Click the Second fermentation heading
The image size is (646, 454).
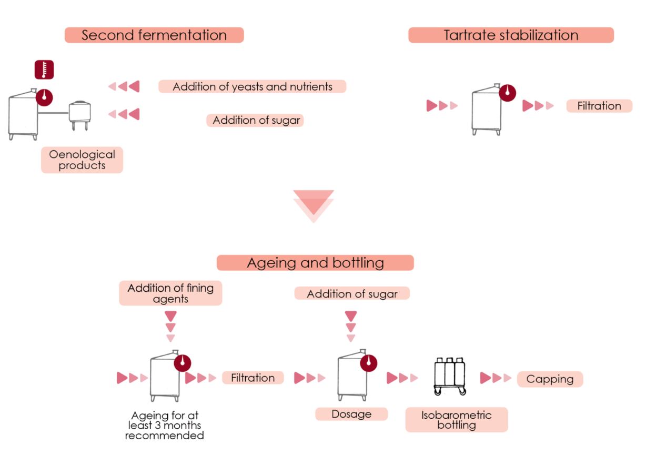point(154,35)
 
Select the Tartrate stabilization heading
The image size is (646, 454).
point(511,35)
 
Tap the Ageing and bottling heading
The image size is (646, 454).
point(315,262)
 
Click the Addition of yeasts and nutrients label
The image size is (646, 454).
point(253,86)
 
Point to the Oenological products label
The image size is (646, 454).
point(82,160)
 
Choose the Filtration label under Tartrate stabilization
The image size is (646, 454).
point(599,106)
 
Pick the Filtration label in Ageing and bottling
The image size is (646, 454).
point(253,378)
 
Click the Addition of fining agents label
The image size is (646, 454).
point(170,293)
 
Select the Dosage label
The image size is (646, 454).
point(351,414)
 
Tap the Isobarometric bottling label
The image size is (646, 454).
point(457,419)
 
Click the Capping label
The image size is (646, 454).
point(550,379)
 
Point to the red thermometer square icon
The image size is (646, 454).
point(44,70)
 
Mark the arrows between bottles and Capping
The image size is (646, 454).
point(496,378)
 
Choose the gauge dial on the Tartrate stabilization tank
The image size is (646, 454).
point(507,93)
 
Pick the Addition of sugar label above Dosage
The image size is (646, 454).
point(352,293)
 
